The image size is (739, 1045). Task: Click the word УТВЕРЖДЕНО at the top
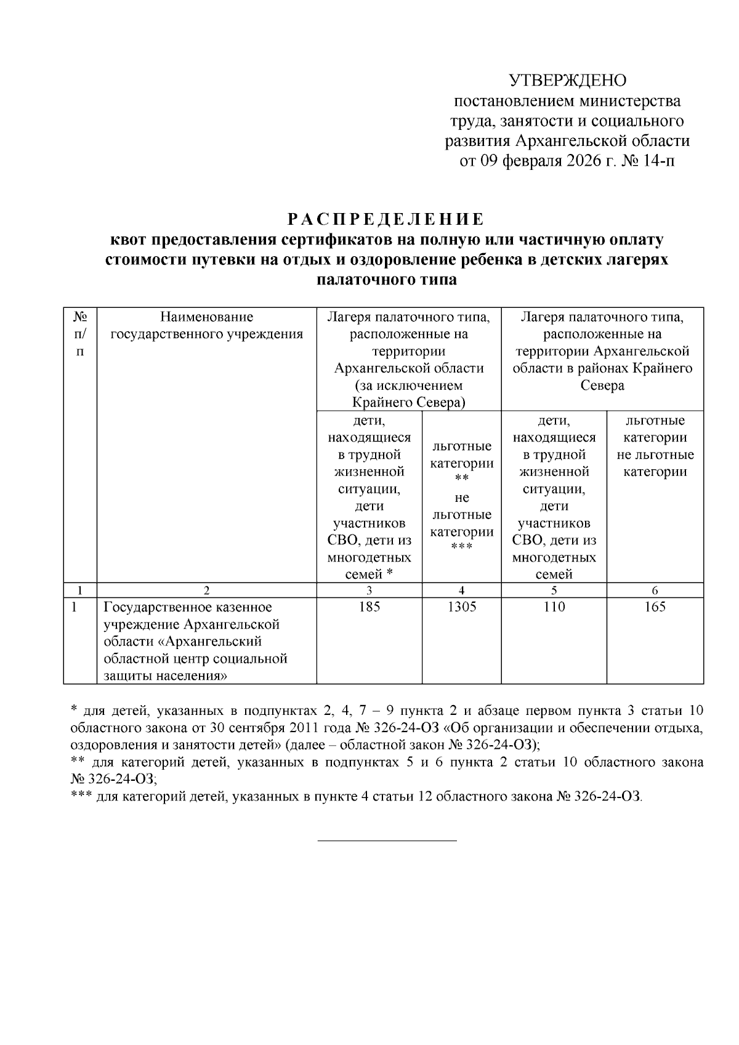point(567,81)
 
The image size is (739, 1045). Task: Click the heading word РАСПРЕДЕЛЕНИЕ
point(386,219)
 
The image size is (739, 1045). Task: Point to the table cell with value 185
point(369,607)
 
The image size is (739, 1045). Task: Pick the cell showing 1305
point(461,607)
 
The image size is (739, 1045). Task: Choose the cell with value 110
point(554,607)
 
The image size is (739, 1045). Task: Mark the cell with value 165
point(655,607)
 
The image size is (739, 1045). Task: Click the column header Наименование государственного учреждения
point(206,326)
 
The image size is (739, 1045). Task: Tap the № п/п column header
point(80,334)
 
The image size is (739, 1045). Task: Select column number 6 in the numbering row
point(655,591)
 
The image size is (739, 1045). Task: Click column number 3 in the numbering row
point(369,591)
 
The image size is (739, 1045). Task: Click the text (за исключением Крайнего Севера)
point(408,395)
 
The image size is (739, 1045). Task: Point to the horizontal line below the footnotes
point(387,841)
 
